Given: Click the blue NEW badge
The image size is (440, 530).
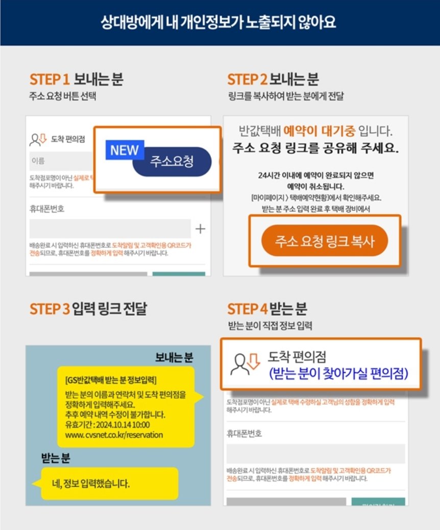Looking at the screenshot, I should coord(125,150).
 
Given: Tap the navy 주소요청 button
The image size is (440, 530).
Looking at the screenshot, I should coord(172,162).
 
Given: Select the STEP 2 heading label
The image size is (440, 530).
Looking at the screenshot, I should coord(247,80).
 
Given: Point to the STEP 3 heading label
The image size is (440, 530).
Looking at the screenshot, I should coord(50,309).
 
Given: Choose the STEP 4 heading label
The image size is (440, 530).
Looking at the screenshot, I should coord(247,309).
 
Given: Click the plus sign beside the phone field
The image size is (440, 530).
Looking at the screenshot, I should coord(200,229).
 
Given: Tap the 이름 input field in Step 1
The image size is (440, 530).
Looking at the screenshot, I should coord(61,161).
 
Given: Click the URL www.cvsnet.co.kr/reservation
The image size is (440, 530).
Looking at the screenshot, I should coord(114,435).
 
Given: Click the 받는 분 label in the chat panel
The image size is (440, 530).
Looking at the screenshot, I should coord(56,458).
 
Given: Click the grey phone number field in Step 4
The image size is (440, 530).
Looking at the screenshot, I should coord(315,453).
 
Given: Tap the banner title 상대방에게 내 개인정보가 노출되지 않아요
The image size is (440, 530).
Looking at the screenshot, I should coord(219,23).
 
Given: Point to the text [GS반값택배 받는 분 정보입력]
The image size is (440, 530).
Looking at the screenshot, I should coord(111,381).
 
